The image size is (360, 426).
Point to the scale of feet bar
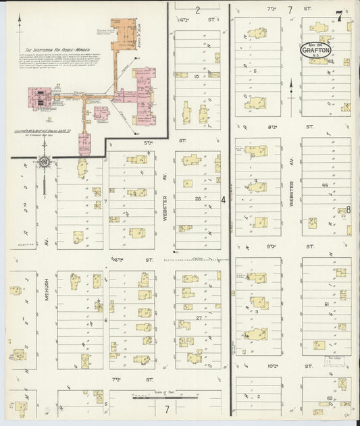[x=155, y=398]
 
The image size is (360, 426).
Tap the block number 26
[x=199, y=198]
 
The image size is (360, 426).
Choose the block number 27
[x=199, y=317]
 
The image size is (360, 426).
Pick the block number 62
[x=330, y=398]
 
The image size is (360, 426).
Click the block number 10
[x=195, y=76]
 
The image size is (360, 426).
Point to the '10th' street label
[x=272, y=365]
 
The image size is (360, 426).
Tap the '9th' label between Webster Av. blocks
[x=272, y=246]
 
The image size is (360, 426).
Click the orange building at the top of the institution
[x=124, y=32]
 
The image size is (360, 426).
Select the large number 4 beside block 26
[x=224, y=200]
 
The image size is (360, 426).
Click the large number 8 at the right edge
[x=349, y=209]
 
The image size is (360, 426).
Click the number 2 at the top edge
[x=198, y=10]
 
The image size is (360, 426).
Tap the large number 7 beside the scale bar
[x=166, y=408]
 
